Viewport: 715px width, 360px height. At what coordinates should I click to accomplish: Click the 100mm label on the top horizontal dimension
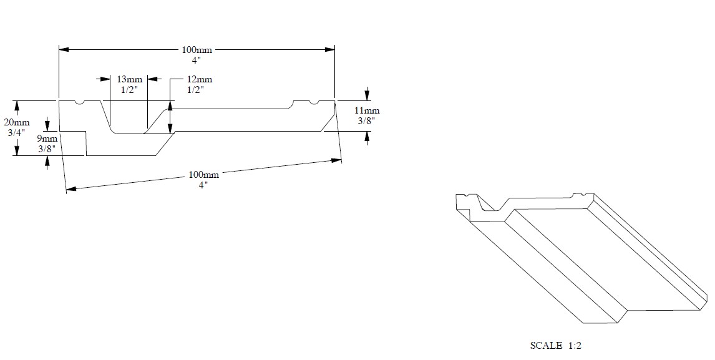coord(197,50)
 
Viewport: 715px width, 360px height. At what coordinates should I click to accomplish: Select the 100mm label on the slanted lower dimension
coord(204,175)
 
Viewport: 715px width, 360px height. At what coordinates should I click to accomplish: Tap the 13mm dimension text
coord(129,79)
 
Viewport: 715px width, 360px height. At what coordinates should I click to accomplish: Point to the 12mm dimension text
coord(200,79)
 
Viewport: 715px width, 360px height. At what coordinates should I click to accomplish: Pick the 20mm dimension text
coord(21,122)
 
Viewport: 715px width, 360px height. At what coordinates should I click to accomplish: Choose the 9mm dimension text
coord(47,139)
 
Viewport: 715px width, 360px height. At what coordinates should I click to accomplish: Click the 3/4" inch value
coord(21,132)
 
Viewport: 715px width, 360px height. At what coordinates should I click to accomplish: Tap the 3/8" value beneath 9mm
coord(47,148)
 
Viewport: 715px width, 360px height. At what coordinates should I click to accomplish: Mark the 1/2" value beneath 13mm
coord(129,89)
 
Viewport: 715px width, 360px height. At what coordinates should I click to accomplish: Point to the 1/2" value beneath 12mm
coord(196,89)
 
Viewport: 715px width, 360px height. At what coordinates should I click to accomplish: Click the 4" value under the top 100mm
coord(197,60)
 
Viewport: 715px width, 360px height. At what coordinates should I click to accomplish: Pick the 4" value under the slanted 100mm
coord(204,185)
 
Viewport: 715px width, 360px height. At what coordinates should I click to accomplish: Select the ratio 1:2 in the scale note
coord(575,345)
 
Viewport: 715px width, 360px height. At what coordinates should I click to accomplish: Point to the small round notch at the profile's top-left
coord(79,102)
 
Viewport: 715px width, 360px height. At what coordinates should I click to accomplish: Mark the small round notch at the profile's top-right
coord(314,102)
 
